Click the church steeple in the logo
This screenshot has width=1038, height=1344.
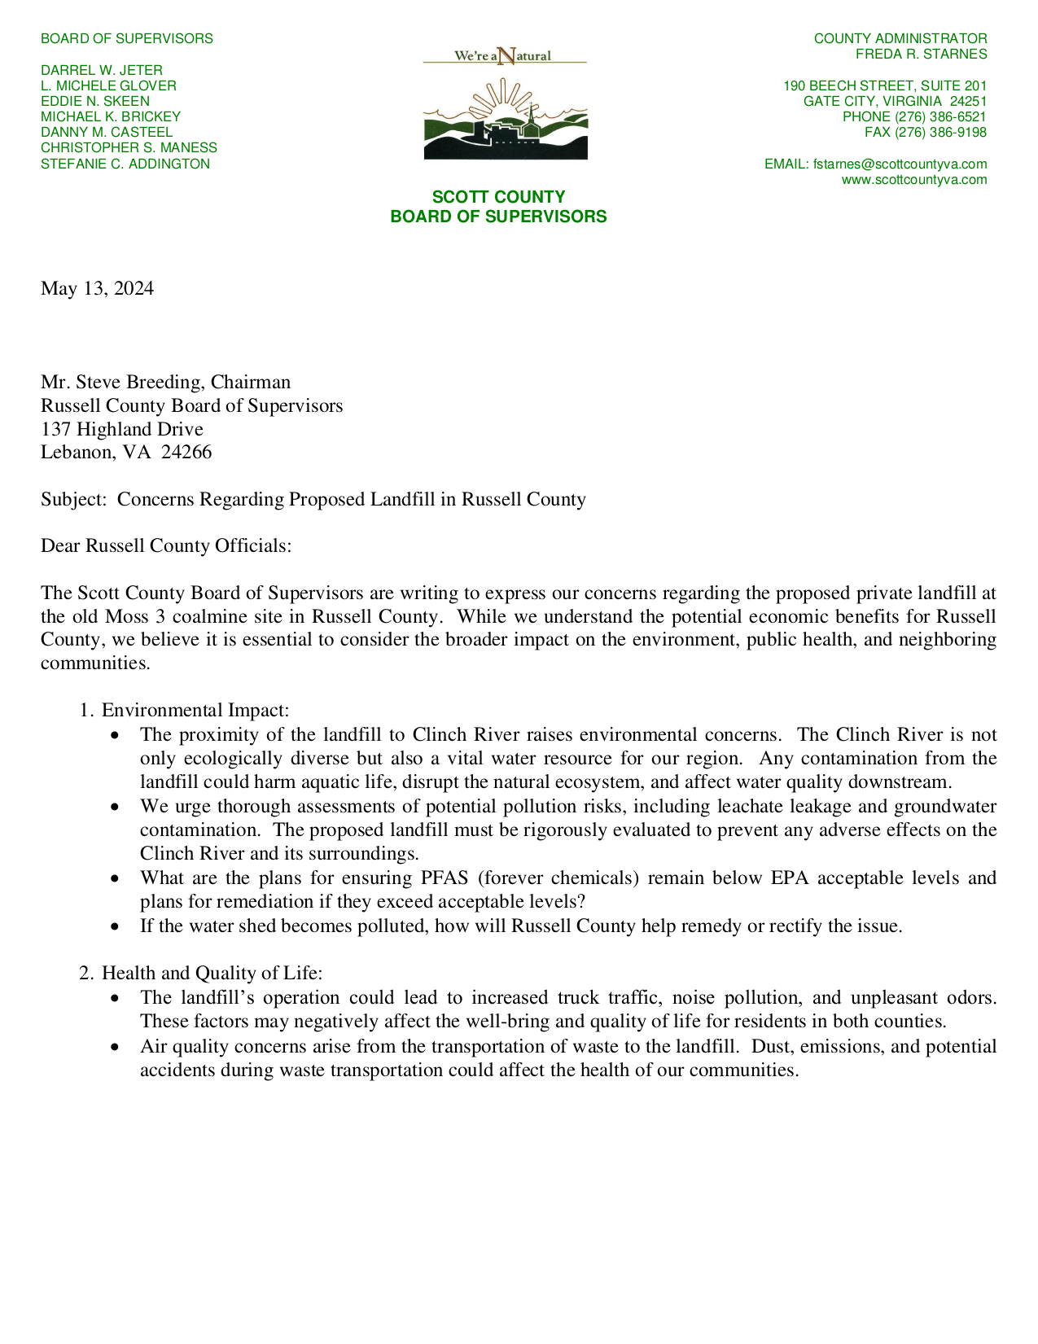tap(532, 114)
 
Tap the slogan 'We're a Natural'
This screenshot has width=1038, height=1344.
tap(503, 55)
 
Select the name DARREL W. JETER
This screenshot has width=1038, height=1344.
tap(102, 70)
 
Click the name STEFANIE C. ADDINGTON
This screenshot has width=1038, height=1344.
tap(125, 164)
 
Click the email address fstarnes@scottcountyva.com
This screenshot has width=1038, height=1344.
tap(900, 164)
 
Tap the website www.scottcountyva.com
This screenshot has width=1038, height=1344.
tap(913, 179)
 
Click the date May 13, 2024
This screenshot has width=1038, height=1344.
tap(97, 289)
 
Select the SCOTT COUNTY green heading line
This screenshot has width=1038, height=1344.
tap(498, 197)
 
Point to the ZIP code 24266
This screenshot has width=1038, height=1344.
tap(186, 452)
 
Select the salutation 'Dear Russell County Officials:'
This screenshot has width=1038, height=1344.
tap(166, 545)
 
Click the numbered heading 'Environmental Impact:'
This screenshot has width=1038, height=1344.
tap(195, 711)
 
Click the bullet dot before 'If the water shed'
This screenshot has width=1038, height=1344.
tap(118, 926)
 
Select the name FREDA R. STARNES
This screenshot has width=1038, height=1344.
tap(921, 55)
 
